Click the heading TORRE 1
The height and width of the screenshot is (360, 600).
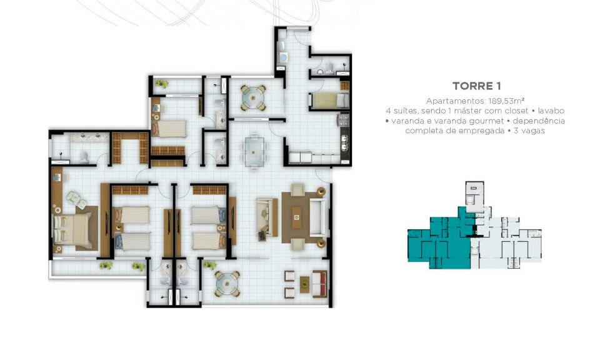click(x=476, y=86)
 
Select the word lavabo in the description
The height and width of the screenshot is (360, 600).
click(x=551, y=111)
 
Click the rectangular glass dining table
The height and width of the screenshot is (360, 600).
click(x=253, y=152)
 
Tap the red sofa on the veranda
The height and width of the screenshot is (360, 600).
click(x=320, y=284)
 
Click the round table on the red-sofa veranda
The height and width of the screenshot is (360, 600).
click(x=227, y=284)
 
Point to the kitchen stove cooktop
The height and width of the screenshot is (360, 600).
click(x=344, y=119)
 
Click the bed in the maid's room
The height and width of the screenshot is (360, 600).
click(x=330, y=101)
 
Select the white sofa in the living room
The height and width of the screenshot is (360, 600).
click(x=318, y=217)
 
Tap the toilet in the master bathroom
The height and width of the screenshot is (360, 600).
click(x=84, y=157)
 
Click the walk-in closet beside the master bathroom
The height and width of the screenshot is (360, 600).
click(x=130, y=148)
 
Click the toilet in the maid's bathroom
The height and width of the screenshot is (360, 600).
click(x=321, y=71)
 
